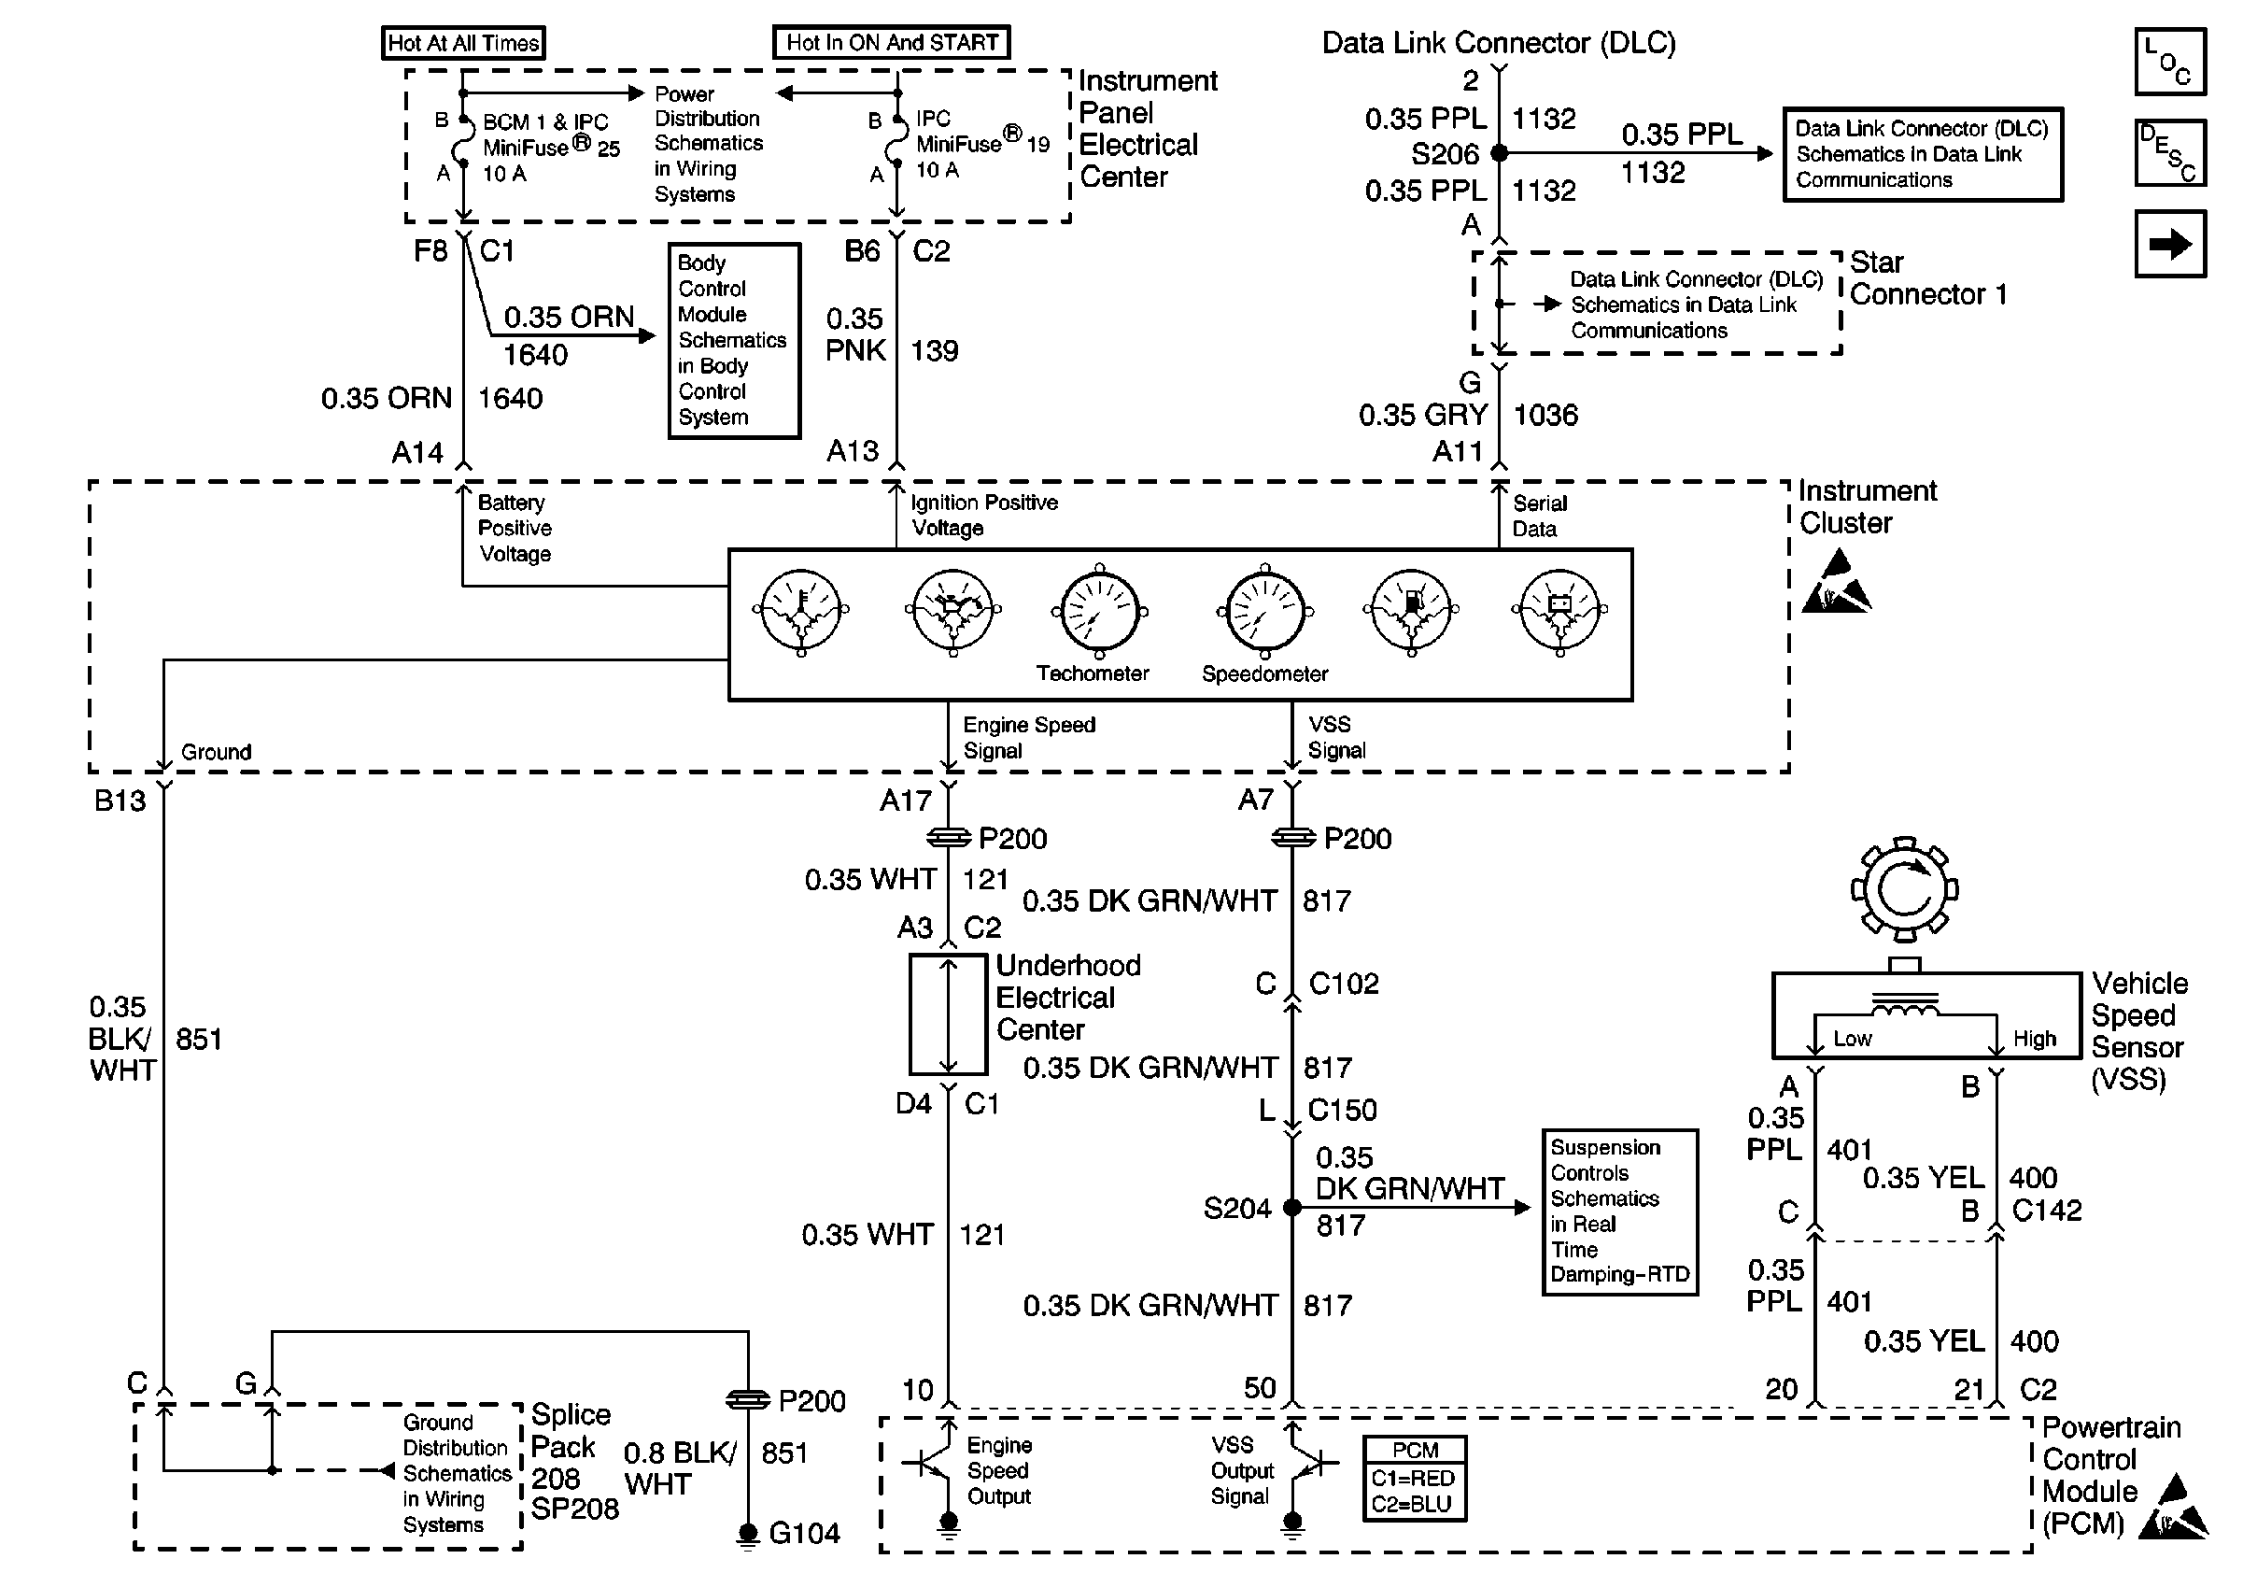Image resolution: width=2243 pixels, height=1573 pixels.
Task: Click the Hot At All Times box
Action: coord(463,43)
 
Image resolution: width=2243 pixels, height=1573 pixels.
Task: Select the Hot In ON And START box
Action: coord(891,43)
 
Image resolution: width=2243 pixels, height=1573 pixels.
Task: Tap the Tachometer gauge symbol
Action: coord(1100,613)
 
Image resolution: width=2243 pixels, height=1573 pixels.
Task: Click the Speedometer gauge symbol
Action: coord(1265,613)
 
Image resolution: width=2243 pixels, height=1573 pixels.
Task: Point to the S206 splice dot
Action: coord(1500,153)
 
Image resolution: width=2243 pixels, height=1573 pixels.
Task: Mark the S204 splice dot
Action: coord(1291,1208)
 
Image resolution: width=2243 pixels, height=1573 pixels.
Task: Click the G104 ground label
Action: coord(804,1533)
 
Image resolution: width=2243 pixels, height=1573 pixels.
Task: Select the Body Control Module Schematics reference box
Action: coord(734,340)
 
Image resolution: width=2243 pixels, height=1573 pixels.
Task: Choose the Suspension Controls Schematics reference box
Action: coord(1620,1212)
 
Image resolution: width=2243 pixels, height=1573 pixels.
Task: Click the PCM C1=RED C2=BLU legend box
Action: coord(1415,1477)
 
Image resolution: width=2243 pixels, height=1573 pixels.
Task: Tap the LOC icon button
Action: coord(2170,62)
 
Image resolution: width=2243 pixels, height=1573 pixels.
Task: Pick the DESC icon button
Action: coord(2170,152)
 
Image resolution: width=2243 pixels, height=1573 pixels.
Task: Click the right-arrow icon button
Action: coord(2170,244)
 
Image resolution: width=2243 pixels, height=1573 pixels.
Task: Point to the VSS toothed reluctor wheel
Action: coord(1904,890)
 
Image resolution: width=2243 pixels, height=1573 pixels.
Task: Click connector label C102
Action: coord(1343,984)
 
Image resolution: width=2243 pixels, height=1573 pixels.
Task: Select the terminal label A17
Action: coord(906,801)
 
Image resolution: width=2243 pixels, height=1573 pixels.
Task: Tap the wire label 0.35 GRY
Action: coord(1422,416)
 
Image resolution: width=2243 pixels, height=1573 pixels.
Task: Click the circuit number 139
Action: coord(935,351)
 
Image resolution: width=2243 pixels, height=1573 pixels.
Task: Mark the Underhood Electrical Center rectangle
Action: coord(948,1015)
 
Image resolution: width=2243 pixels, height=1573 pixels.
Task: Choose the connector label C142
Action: coord(2047,1211)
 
